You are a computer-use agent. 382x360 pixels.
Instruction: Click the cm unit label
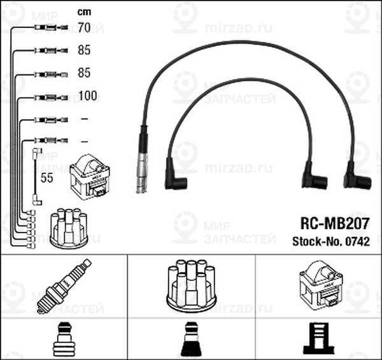[84, 11]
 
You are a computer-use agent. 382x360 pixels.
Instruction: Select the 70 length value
[84, 27]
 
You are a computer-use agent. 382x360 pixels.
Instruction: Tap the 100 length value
[87, 96]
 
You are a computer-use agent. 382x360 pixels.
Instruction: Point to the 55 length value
[46, 179]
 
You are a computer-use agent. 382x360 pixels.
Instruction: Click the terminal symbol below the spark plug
[64, 340]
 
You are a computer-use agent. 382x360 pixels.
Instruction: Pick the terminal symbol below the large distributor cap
[191, 340]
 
